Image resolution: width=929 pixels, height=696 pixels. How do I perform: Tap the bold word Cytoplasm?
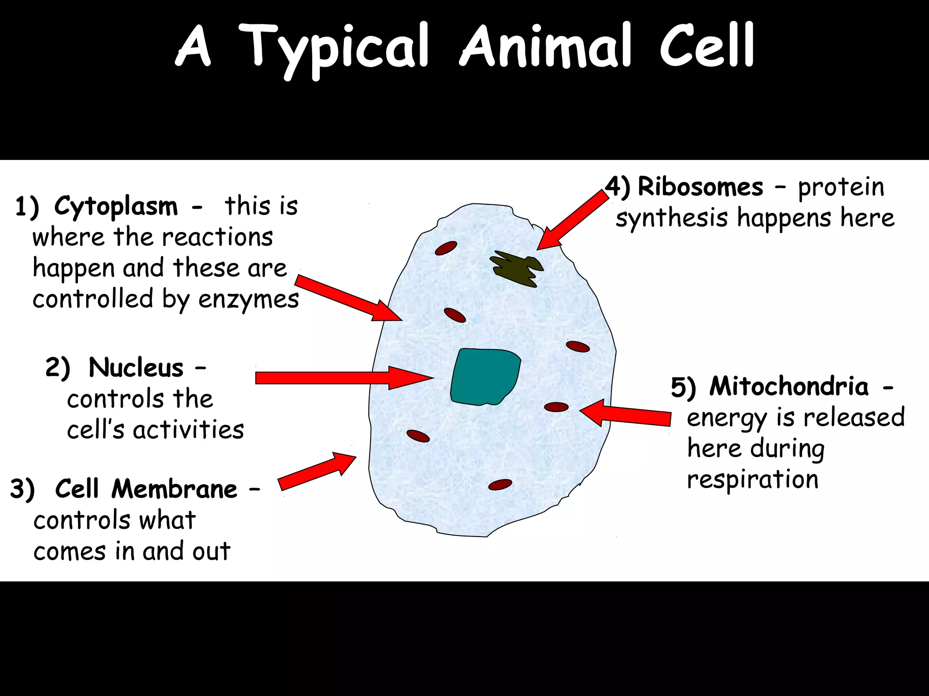click(x=116, y=206)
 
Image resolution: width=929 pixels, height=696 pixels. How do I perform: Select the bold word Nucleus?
click(x=136, y=367)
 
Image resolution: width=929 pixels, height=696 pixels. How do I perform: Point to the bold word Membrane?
click(x=174, y=489)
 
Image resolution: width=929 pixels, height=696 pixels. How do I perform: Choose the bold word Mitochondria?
click(x=789, y=387)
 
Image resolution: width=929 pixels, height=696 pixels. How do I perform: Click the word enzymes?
click(x=249, y=300)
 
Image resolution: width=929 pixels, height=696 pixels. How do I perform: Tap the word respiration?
click(x=753, y=479)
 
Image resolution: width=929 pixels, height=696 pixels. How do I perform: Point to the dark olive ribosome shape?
click(x=517, y=270)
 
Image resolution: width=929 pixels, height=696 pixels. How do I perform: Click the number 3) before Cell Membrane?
click(x=22, y=490)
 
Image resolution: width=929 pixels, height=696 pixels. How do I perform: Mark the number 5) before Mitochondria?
click(x=683, y=388)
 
